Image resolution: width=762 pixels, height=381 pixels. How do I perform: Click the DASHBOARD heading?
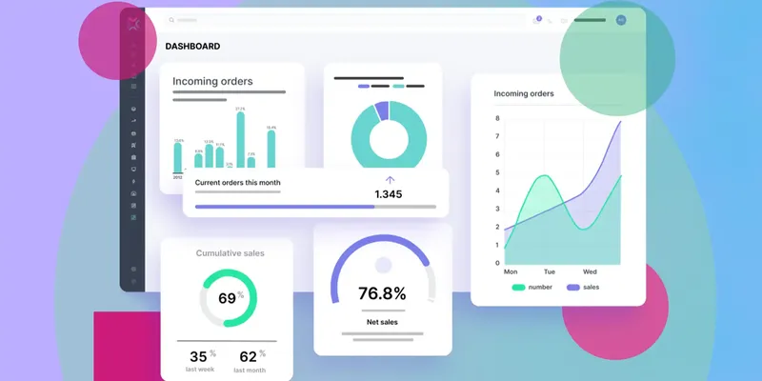192,46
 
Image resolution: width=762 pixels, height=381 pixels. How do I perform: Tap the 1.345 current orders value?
388,194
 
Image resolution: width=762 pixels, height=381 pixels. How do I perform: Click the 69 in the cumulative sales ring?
227,298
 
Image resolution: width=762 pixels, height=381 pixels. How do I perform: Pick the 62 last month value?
251,357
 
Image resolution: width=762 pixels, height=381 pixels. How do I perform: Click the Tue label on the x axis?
549,271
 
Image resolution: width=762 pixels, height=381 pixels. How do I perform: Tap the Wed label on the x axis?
591,271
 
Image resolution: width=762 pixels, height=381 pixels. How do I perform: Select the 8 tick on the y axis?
497,118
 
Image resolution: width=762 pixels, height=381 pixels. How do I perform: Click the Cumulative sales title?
230,253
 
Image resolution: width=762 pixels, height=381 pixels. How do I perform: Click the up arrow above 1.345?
389,179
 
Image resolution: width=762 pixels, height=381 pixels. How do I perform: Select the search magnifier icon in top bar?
171,20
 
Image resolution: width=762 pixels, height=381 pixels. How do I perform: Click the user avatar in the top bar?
621,19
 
